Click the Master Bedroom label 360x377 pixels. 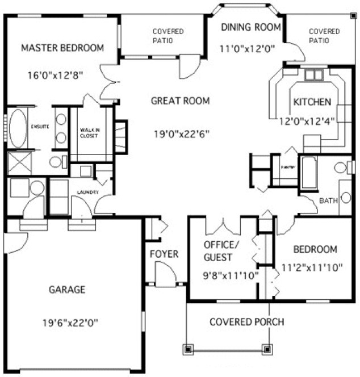tap(62, 48)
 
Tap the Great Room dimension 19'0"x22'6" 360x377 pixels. tap(181, 135)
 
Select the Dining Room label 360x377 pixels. tap(251, 27)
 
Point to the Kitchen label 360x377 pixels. tap(312, 102)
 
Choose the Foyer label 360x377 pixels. tap(164, 254)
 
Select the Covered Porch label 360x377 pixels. tap(247, 322)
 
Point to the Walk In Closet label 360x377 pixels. tap(90, 133)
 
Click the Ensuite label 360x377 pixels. tap(39, 126)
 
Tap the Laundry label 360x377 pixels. tap(88, 192)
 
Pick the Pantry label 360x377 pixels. tap(287, 168)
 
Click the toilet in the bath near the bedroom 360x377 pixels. tap(341, 168)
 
